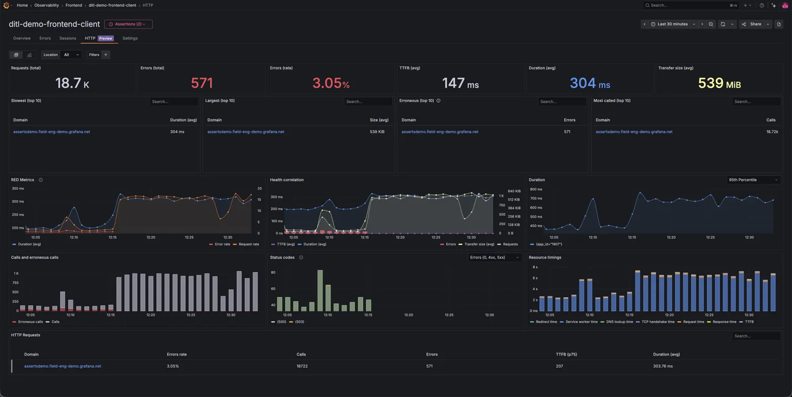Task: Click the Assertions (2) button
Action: pyautogui.click(x=128, y=24)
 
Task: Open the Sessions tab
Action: pyautogui.click(x=67, y=38)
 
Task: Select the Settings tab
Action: pyautogui.click(x=130, y=38)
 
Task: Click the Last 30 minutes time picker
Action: pyautogui.click(x=673, y=24)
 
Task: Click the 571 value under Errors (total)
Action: pyautogui.click(x=201, y=83)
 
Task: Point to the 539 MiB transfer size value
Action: pyautogui.click(x=719, y=83)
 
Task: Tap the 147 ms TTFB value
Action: pyautogui.click(x=460, y=83)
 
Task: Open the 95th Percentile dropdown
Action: pyautogui.click(x=753, y=180)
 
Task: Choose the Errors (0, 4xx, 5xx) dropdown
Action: pyautogui.click(x=494, y=258)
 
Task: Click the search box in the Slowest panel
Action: pyautogui.click(x=174, y=102)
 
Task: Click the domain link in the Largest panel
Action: pyautogui.click(x=245, y=132)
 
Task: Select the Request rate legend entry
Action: pyautogui.click(x=248, y=244)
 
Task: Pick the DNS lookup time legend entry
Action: pyautogui.click(x=615, y=322)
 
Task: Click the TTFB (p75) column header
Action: pyautogui.click(x=566, y=354)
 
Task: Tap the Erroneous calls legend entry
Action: pyautogui.click(x=30, y=322)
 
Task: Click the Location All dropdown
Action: pyautogui.click(x=70, y=55)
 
